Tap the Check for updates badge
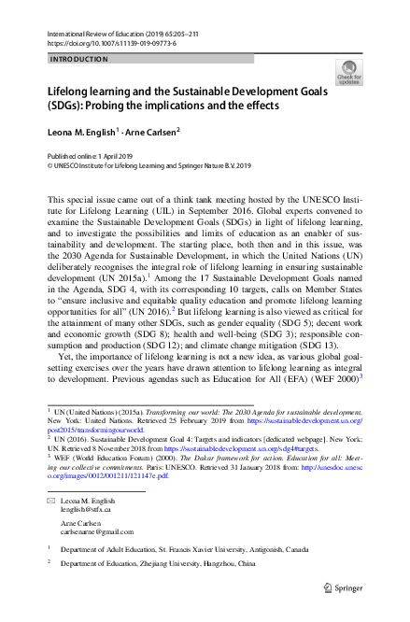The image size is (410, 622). (349, 73)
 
